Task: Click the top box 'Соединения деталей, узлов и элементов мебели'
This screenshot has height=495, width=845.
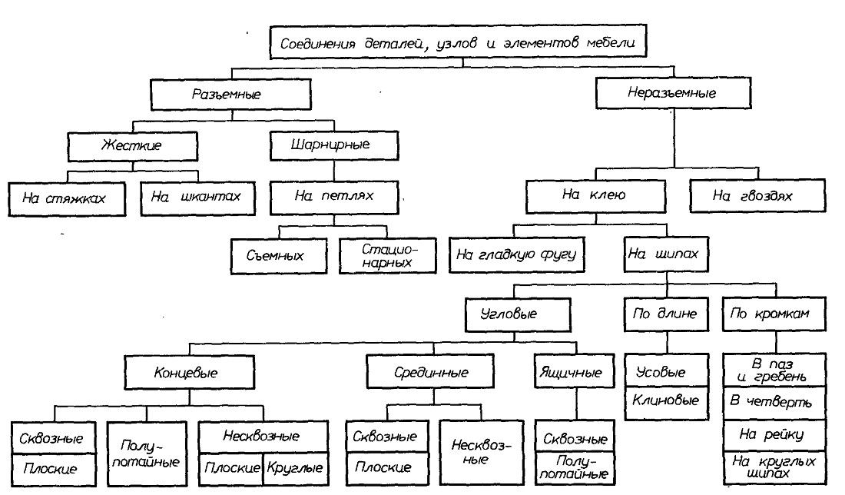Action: tap(458, 42)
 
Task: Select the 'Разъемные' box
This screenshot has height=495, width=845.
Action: tap(230, 95)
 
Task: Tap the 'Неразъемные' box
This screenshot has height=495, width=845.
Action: tap(673, 93)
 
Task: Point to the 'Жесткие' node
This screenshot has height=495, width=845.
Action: tap(133, 145)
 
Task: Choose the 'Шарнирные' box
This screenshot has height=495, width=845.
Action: tap(334, 145)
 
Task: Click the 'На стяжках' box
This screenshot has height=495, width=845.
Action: tap(67, 199)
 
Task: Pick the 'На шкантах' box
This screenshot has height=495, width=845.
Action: tap(197, 198)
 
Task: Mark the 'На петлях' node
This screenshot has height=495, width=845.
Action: tap(334, 197)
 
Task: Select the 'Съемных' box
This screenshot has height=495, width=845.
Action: tap(279, 256)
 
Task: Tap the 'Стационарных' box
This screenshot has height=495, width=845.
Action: tap(387, 256)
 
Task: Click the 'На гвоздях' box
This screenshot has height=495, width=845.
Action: tap(757, 195)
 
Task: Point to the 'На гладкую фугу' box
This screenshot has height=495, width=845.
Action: tap(516, 254)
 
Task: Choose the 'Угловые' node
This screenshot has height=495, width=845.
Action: tap(517, 314)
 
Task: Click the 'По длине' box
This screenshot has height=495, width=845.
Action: tap(667, 314)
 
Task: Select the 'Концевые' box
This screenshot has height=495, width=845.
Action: tap(189, 372)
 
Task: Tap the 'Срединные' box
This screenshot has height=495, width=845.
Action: tap(430, 371)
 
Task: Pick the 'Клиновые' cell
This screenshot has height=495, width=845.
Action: tap(667, 403)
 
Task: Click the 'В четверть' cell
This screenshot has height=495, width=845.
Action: tap(774, 403)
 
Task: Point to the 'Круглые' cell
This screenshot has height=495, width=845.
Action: tap(296, 468)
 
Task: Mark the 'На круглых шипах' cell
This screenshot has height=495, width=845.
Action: tap(774, 467)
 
